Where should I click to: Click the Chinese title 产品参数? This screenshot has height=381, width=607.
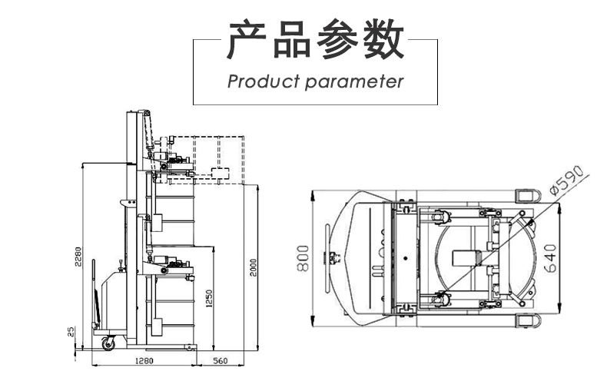tap(314, 41)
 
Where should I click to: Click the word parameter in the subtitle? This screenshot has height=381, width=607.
tap(354, 81)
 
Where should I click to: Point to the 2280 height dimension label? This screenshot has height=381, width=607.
tap(77, 257)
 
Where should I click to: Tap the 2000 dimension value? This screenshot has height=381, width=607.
tap(253, 269)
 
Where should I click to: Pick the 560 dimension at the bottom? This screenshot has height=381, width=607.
tap(221, 359)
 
